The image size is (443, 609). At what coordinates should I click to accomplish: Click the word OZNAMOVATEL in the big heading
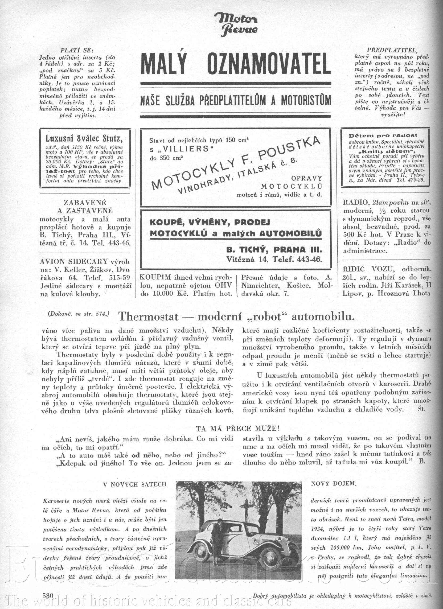(269, 64)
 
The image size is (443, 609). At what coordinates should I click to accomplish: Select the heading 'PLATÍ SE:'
(77, 50)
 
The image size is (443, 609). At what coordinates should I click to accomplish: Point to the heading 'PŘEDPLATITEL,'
(392, 50)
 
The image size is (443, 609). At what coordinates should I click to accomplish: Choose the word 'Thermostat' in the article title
(149, 317)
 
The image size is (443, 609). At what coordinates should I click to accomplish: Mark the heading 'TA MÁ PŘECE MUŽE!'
(238, 428)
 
